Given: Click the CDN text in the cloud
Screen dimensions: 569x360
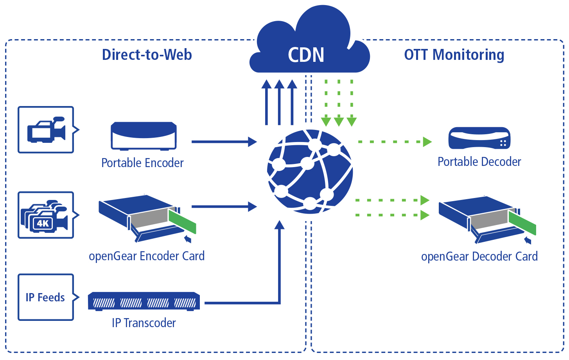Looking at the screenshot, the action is click(306, 55).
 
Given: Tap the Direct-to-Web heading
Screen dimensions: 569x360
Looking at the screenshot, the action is click(147, 55).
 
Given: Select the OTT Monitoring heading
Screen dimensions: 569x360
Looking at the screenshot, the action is click(454, 55).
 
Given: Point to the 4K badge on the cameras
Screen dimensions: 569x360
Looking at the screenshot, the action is click(43, 223).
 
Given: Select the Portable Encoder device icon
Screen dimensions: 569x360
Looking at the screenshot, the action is click(144, 135).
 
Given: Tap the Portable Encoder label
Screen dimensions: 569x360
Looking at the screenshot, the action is click(142, 163).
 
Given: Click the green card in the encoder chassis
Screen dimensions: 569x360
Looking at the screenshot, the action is click(182, 220).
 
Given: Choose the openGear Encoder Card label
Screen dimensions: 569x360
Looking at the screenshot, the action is click(147, 256).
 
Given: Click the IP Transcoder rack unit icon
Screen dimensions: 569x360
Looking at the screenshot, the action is click(144, 301).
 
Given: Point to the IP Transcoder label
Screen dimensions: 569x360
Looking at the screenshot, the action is click(144, 323).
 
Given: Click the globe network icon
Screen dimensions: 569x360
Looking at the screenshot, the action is click(310, 172).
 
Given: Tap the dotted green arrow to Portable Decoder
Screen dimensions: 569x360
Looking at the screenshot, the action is click(395, 142).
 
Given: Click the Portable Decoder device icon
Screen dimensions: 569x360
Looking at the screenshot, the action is click(479, 138).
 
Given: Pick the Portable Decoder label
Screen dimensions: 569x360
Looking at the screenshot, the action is click(479, 162).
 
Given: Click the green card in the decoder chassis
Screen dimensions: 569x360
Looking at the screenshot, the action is click(522, 223).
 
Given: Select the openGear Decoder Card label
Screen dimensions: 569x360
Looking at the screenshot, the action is click(479, 256).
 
